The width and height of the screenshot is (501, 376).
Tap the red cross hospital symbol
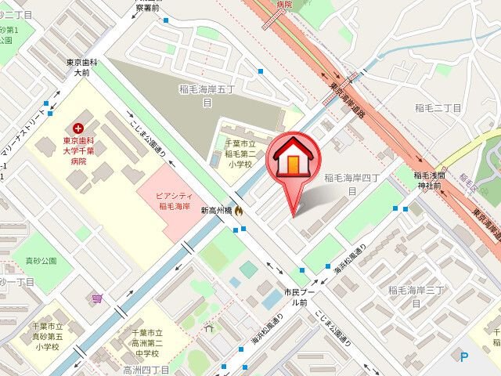(x=77, y=128)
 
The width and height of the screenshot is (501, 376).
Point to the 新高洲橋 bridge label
(x=216, y=210)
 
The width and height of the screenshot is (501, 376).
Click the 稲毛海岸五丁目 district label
(x=207, y=96)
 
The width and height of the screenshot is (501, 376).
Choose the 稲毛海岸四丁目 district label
(x=351, y=184)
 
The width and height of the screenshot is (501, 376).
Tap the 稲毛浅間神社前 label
(x=429, y=182)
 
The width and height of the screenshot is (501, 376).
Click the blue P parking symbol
(x=464, y=358)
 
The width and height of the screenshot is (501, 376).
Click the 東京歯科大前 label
(x=81, y=67)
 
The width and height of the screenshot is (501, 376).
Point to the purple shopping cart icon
(x=97, y=298)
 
